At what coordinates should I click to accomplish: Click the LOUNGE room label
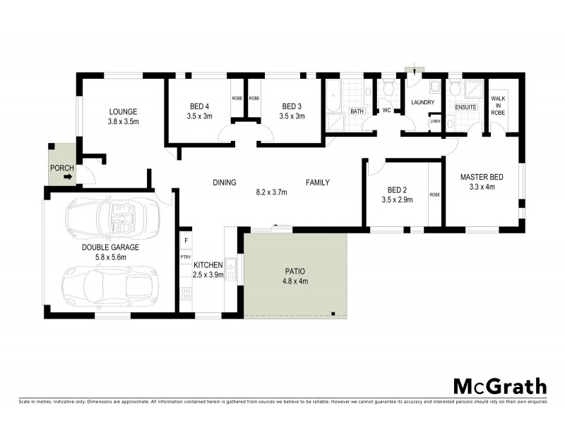pos(123,111)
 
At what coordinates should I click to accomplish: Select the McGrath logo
pos(499,386)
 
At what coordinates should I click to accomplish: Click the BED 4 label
pos(200,106)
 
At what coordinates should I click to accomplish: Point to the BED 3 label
pos(292,106)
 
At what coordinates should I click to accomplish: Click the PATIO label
pos(295,271)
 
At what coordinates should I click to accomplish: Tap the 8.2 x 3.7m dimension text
pos(270,191)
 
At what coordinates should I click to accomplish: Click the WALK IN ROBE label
pos(499,106)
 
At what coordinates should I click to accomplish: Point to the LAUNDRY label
pos(423,103)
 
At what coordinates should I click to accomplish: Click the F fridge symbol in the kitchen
pos(186,240)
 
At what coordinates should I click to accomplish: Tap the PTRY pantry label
pos(186,257)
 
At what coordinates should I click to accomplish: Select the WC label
pos(386,111)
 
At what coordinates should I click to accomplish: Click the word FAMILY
pos(317,183)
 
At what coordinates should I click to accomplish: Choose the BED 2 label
pos(398,190)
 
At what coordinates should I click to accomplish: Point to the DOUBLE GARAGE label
pos(110,248)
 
